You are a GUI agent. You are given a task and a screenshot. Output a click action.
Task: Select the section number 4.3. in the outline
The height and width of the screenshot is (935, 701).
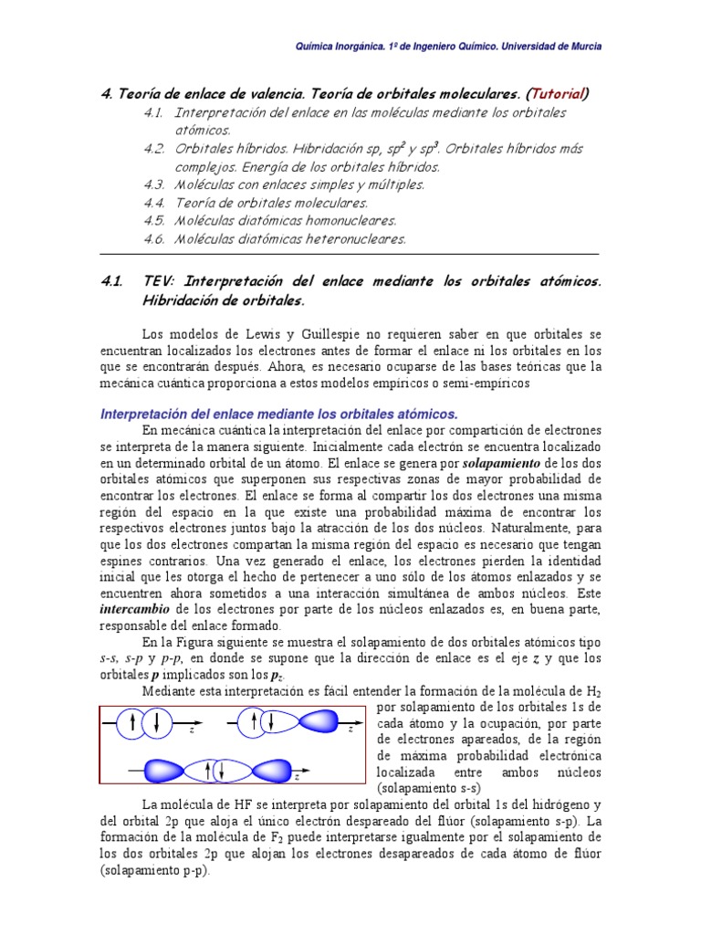pos(152,184)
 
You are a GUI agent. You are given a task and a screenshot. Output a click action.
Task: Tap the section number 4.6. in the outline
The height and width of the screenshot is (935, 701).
pos(152,239)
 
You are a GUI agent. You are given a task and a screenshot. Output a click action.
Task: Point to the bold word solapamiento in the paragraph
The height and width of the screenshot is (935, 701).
pos(500,463)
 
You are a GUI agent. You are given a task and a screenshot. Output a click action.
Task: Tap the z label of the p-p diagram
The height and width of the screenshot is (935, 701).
pos(296,778)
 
